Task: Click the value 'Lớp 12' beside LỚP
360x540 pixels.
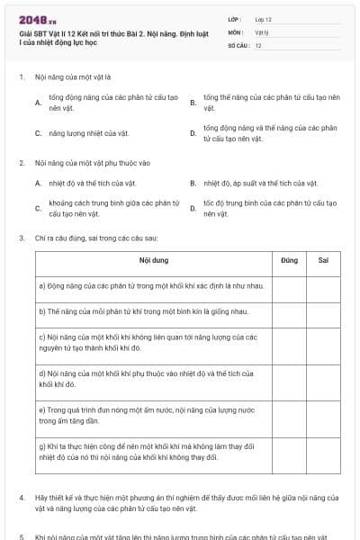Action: tap(264, 18)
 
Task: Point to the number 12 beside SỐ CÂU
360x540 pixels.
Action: tap(258, 45)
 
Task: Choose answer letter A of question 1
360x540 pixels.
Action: tap(38, 103)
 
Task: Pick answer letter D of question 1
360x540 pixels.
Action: tap(193, 133)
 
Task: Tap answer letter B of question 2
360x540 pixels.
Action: tap(193, 184)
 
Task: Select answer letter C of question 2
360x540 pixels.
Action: tap(38, 208)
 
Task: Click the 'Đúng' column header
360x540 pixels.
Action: tap(289, 260)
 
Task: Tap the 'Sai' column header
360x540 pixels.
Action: tap(323, 260)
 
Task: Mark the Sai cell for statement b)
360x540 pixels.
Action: tap(323, 312)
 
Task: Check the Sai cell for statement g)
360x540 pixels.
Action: tap(323, 450)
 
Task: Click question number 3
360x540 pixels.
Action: tap(22, 238)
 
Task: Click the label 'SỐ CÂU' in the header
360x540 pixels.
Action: tap(238, 45)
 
